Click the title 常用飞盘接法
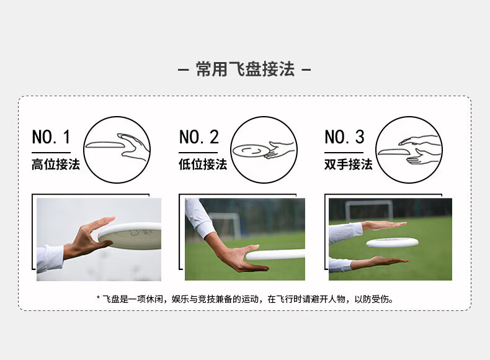coord(246,69)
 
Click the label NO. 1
coord(51,137)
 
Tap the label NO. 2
coord(198,137)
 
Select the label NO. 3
coord(344,137)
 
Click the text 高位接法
coord(56,164)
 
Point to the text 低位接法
coord(203,164)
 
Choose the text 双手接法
coord(349,164)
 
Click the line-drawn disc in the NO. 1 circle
coord(105,145)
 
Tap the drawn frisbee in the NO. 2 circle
coord(251,151)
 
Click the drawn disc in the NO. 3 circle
coord(393,151)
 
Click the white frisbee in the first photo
coord(130,236)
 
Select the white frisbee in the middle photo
coord(275,254)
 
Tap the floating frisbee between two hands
coord(392,242)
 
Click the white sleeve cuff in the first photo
coord(50,259)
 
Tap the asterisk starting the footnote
coord(98,297)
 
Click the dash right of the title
coord(306,70)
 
